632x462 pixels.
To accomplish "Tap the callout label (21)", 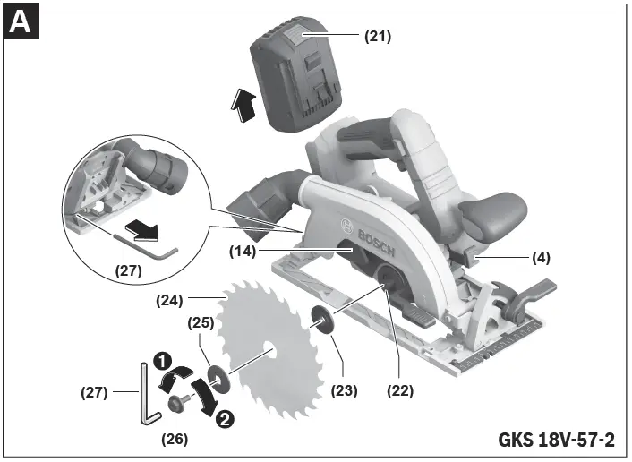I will tap(377, 38).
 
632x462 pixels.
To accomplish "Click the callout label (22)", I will tap(401, 390).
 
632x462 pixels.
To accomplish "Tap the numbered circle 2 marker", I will tap(226, 416).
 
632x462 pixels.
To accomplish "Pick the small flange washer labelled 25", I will tap(218, 376).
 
